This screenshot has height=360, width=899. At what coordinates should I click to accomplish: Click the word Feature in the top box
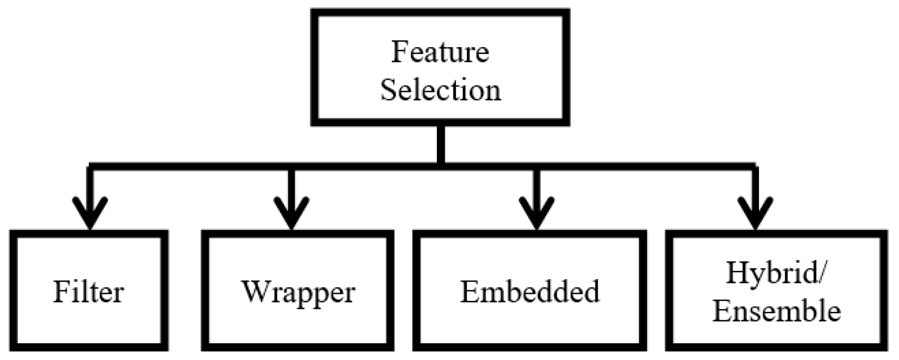pos(440,52)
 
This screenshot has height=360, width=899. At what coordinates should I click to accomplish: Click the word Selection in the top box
pos(440,89)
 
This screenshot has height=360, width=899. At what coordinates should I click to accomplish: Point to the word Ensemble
pos(776,310)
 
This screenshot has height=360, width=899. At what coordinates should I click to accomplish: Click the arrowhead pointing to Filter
pos(90,214)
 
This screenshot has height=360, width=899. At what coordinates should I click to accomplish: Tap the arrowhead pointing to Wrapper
pos(291,214)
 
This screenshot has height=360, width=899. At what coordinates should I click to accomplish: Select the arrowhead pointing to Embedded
pos(536,214)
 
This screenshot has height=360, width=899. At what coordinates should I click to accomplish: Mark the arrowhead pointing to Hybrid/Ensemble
pos(755,214)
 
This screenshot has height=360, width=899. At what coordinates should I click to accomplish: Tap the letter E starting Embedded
pos(469,292)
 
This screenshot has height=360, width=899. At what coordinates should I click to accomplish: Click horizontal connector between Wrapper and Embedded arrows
pos(412,167)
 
